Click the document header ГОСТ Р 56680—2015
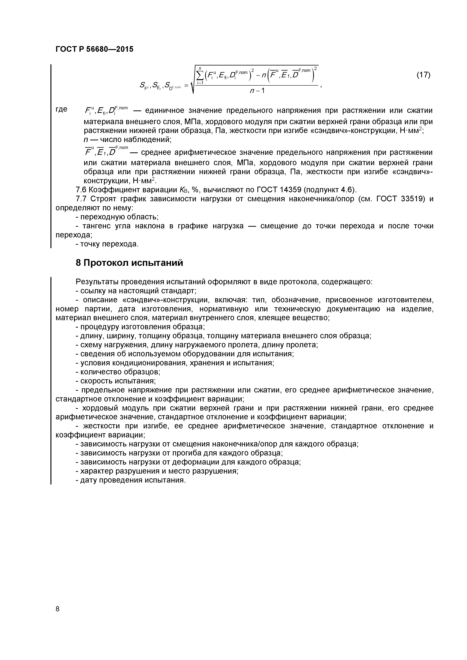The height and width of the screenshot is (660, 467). pos(94,49)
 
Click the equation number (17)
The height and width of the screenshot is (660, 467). pos(423,75)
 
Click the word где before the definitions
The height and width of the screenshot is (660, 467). pos(61,109)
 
